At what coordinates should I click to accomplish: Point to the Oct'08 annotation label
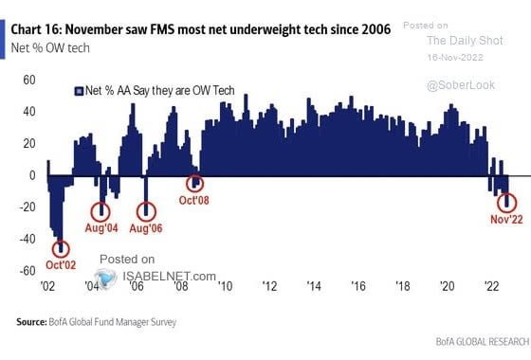point(195,201)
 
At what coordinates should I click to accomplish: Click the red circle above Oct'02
point(62,248)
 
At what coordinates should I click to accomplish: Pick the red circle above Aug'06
point(147,211)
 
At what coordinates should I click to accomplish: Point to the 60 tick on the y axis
point(29,79)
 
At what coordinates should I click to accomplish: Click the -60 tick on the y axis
point(27,271)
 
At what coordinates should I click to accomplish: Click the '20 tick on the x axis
point(448,286)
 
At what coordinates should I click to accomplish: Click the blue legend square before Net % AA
point(79,91)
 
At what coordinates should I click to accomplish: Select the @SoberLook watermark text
point(457,85)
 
